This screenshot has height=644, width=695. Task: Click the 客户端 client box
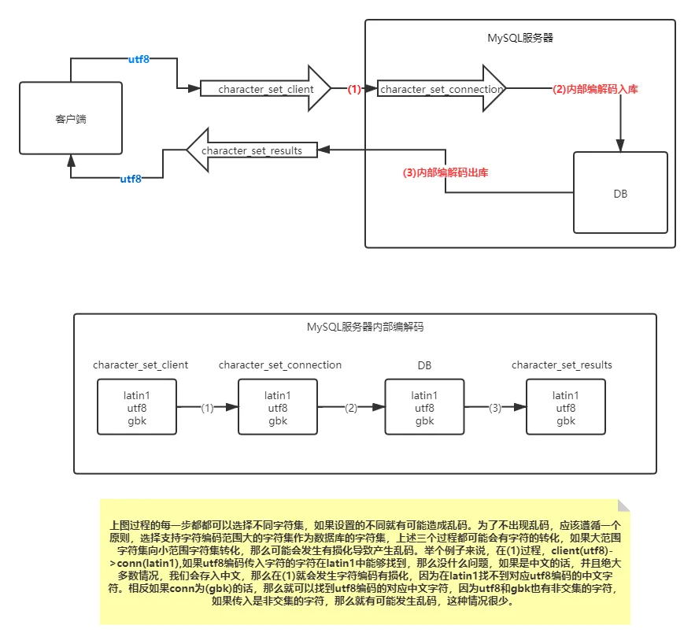(x=71, y=119)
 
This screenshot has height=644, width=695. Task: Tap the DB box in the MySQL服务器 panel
(x=620, y=193)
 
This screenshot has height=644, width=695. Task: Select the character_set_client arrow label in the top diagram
(x=265, y=90)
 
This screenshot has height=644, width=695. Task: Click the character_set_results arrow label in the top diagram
(x=251, y=150)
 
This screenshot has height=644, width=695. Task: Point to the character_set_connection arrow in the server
(x=441, y=90)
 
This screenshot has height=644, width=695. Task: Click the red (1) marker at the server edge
(x=354, y=90)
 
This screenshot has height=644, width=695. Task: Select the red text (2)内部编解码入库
(x=594, y=90)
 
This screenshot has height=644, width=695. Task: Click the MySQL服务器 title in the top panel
(x=520, y=37)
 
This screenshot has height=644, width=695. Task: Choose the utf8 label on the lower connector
(x=131, y=180)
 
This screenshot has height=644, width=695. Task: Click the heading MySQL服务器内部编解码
(x=365, y=327)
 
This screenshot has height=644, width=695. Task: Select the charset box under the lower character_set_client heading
(x=137, y=407)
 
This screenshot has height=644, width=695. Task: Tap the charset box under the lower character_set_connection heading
(x=278, y=407)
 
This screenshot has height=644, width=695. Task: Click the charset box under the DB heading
(x=424, y=407)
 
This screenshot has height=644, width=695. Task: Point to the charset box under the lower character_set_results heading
(x=565, y=407)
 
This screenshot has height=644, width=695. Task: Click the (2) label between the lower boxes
(x=351, y=408)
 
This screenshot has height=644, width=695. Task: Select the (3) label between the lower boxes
(x=495, y=408)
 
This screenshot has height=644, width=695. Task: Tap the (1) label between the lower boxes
(x=207, y=408)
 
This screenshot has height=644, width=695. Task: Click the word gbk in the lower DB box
(x=424, y=421)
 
